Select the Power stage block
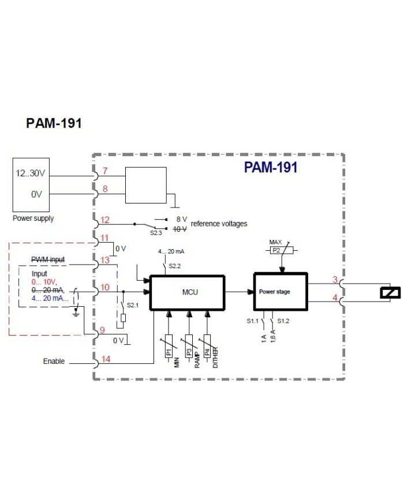pos(275,292)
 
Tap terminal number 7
pos(105,171)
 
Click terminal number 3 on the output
pos(334,280)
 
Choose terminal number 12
pos(105,220)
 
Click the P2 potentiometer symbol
pos(280,250)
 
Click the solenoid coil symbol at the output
pos(390,293)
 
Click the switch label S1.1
pos(252,321)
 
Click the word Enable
pos(54,361)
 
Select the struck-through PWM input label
pos(48,261)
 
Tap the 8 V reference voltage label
pos(181,220)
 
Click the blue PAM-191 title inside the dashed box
pos(270,168)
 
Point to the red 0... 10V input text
pos(44,282)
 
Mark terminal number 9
pos(102,330)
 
